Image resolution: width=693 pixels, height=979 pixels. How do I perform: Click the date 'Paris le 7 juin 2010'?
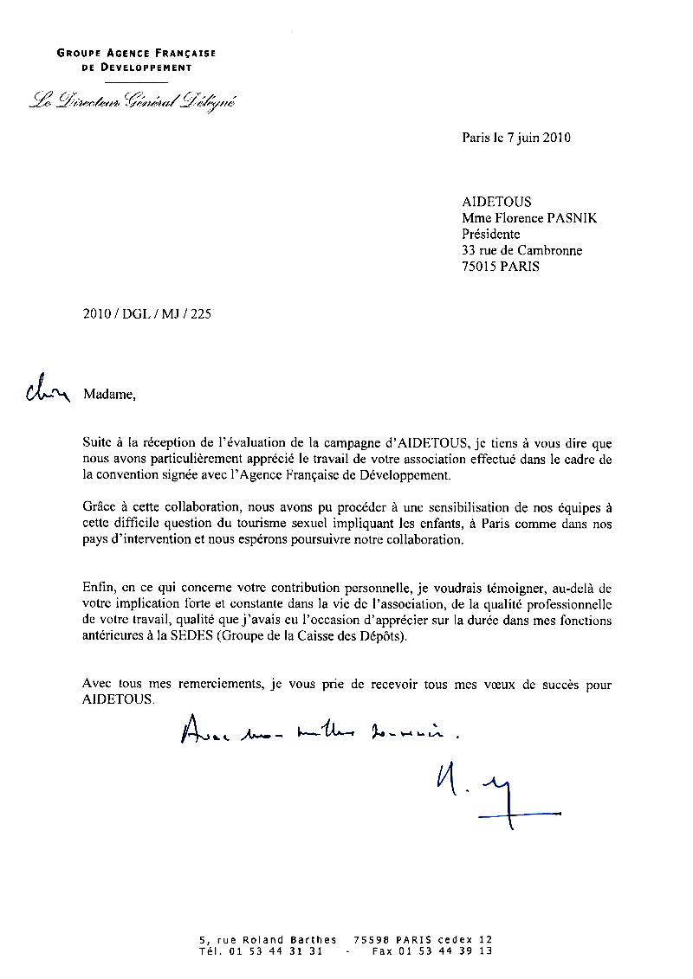click(x=516, y=137)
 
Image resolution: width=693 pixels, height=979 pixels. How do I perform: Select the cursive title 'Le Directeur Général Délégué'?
click(x=131, y=101)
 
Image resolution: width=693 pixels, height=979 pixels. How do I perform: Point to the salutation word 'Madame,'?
click(x=110, y=395)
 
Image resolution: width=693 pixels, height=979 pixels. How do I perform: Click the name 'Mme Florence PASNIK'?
click(x=529, y=218)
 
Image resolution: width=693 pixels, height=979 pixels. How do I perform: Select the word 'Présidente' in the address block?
click(x=491, y=234)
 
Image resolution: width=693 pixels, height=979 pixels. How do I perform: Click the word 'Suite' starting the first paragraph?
click(x=98, y=442)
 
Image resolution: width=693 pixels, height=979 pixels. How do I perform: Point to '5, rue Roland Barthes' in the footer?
click(x=268, y=939)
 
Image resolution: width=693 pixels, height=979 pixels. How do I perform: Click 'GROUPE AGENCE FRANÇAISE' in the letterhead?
click(x=136, y=53)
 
